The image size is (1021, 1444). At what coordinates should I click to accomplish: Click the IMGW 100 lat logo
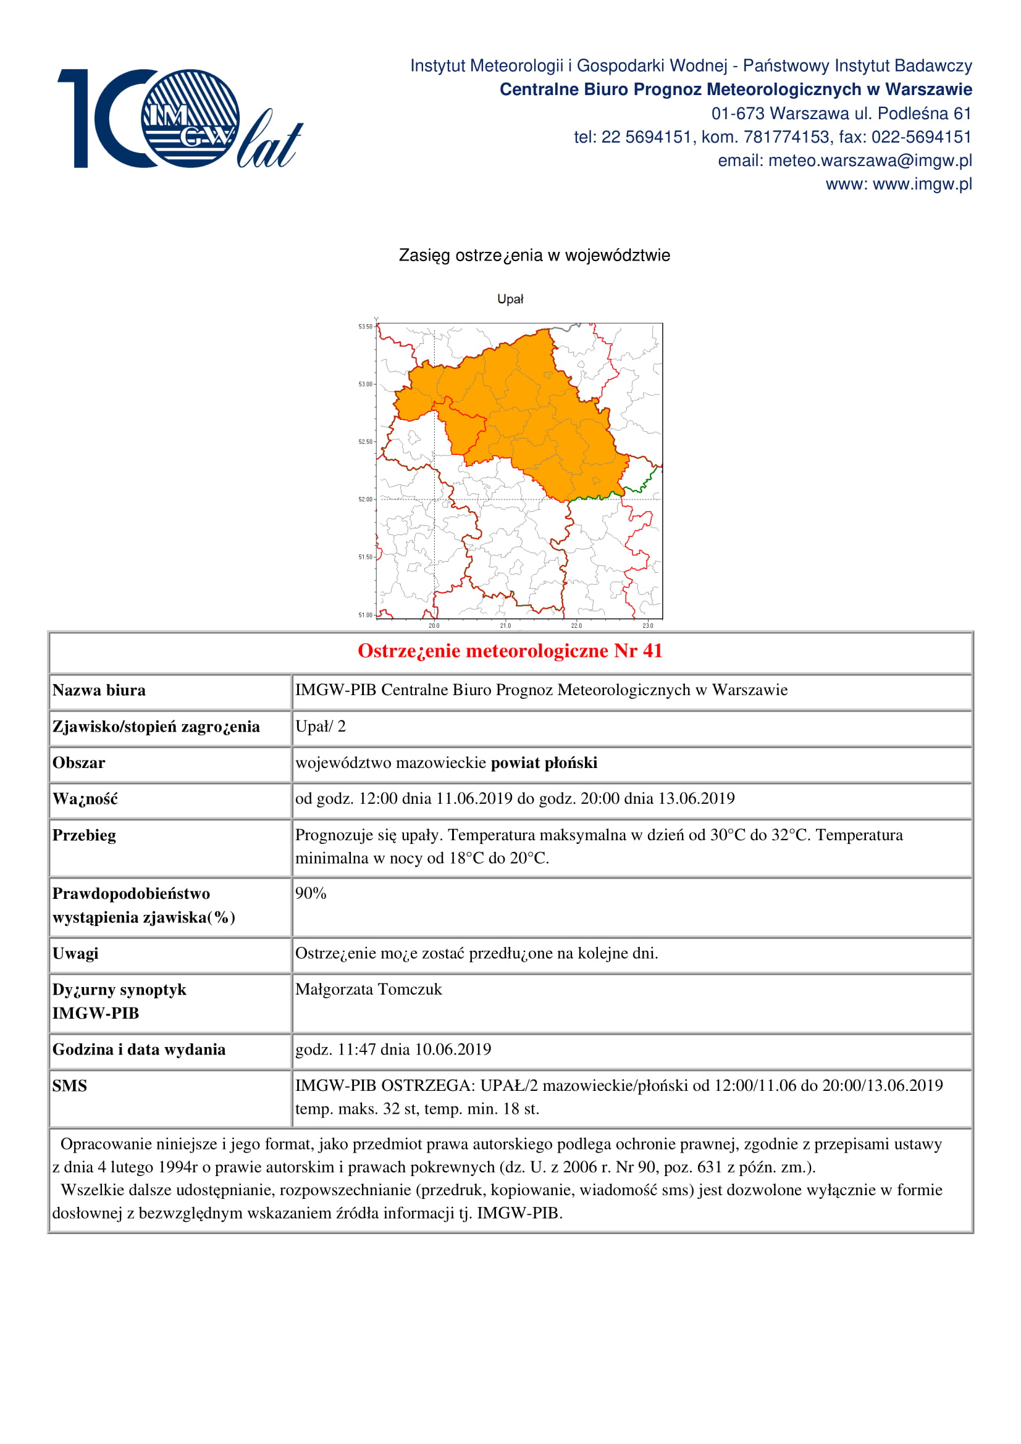(x=179, y=119)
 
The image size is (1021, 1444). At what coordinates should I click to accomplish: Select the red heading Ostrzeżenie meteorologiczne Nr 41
(x=510, y=651)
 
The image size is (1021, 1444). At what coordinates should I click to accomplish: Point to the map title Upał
(x=510, y=299)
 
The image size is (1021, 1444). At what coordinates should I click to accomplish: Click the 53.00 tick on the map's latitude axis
(x=366, y=384)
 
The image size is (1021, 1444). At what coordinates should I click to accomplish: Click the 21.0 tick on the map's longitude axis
(x=505, y=626)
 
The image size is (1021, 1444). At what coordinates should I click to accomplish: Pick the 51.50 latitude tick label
(x=366, y=557)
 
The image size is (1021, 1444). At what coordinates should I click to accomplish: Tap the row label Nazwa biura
(x=99, y=691)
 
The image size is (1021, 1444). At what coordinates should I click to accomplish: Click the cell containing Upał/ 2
(x=320, y=727)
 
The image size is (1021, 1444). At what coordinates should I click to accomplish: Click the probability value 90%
(x=311, y=894)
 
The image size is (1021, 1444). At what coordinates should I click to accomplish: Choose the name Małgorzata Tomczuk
(x=368, y=990)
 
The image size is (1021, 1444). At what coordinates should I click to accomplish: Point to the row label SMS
(x=69, y=1086)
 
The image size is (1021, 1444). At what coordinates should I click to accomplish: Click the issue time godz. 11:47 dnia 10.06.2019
(x=393, y=1050)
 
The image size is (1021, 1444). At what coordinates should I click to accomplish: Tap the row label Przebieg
(x=83, y=836)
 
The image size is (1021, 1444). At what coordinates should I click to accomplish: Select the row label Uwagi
(x=75, y=953)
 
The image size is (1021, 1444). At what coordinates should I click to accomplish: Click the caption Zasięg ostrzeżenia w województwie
(x=534, y=256)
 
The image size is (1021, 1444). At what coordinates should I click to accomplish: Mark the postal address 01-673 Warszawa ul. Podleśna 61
(x=841, y=114)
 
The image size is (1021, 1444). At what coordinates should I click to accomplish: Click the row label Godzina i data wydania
(x=138, y=1050)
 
